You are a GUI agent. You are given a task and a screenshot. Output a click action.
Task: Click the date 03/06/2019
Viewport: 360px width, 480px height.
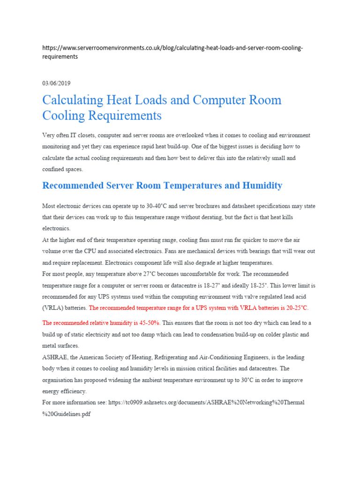click(56, 83)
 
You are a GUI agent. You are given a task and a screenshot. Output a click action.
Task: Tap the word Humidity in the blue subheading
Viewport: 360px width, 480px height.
click(263, 186)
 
